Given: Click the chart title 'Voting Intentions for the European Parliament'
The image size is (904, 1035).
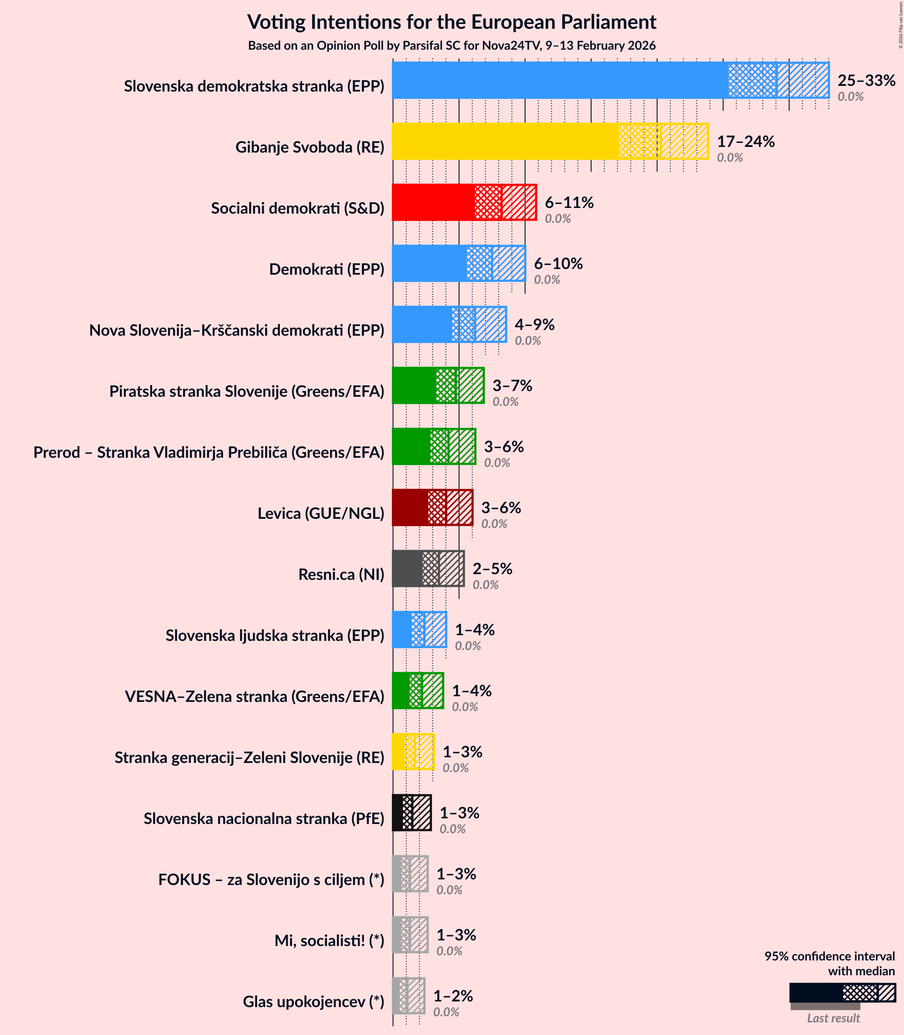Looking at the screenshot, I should click(452, 22).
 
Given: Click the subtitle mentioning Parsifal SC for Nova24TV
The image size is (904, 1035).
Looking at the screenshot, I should click(452, 46).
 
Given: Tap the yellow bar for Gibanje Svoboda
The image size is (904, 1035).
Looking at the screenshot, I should click(504, 141).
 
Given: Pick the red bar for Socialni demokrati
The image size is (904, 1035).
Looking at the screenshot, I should click(434, 202).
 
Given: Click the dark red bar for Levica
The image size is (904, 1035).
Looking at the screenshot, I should click(410, 507).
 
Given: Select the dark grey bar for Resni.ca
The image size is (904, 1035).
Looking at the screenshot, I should click(407, 569).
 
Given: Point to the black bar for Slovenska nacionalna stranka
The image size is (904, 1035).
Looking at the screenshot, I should click(398, 813).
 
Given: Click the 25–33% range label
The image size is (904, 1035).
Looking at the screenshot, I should click(866, 80).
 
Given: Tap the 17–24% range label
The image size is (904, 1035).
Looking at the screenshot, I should click(746, 141).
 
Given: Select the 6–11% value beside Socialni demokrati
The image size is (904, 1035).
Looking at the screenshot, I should click(569, 202).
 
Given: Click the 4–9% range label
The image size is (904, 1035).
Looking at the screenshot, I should click(534, 324).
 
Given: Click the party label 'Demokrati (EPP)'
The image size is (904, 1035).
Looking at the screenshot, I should click(326, 269).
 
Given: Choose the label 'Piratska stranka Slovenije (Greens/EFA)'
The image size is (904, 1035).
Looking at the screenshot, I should click(247, 391).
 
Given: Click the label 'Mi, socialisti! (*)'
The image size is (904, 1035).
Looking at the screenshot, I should click(329, 941).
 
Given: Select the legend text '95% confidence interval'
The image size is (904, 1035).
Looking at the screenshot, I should click(829, 956).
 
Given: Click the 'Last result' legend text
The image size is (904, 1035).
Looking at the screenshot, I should click(833, 1018).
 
